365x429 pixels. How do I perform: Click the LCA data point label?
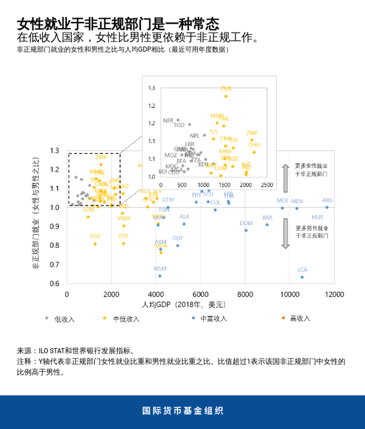click(302, 270)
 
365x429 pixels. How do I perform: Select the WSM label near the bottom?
click(160, 268)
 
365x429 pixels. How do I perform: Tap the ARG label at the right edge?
click(327, 200)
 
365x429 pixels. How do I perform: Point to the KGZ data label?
click(95, 236)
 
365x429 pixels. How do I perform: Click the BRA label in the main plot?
click(268, 217)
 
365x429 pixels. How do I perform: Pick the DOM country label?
click(246, 223)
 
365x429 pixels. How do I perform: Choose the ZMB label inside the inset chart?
click(226, 89)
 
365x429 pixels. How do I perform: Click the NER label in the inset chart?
click(168, 120)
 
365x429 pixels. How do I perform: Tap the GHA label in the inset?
click(254, 145)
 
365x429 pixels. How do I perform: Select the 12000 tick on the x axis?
click(333, 294)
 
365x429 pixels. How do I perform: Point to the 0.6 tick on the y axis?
click(55, 284)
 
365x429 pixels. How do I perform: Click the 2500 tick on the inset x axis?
click(266, 184)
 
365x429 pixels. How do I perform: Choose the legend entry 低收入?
click(64, 318)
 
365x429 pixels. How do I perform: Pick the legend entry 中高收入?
click(213, 318)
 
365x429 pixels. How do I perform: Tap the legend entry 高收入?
click(300, 318)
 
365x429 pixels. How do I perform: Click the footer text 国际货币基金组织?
click(182, 411)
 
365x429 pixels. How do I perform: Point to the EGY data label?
click(123, 235)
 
